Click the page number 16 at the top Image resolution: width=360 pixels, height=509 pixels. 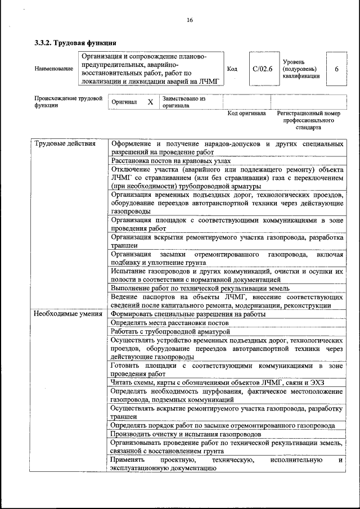pos(190,20)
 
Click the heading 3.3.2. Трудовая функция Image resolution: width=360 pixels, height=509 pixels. pos(76,43)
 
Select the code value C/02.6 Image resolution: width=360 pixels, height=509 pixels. pos(263,69)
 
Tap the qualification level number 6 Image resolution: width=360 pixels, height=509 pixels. pos(336,69)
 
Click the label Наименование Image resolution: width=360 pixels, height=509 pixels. pos(53,69)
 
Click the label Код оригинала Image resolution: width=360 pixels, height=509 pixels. pos(246,114)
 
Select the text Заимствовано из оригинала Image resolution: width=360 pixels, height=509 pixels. pos(183,102)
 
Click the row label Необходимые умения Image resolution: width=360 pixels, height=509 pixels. pos(68,314)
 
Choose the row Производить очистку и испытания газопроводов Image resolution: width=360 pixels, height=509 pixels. pos(186,434)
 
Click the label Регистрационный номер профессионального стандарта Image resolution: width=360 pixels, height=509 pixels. pos(309,120)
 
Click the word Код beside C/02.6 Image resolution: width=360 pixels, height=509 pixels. pos(232,69)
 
